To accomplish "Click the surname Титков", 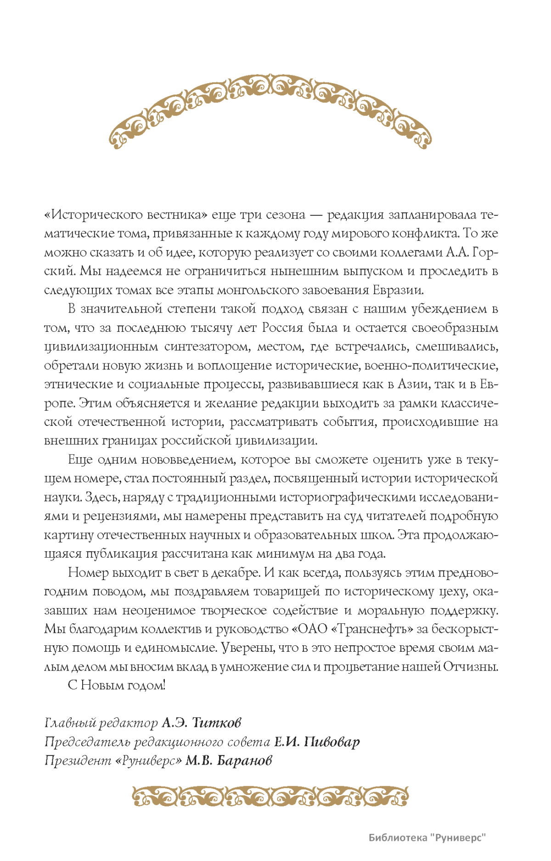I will click(x=216, y=723).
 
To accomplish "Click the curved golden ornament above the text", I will click(x=270, y=103).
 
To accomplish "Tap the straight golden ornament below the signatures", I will click(x=270, y=797).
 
